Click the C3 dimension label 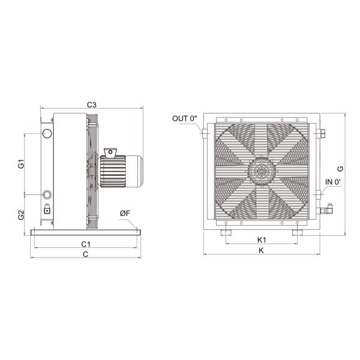pos(91,104)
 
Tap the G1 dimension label pos(21,164)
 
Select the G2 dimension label pos(21,215)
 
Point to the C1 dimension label pos(86,244)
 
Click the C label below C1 pos(86,254)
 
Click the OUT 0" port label pos(184,118)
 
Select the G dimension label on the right pos(340,169)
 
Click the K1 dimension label pos(262,240)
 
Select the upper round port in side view pos(47,133)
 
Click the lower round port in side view pos(47,194)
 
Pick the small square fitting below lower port pos(47,210)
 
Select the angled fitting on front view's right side pos(328,210)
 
